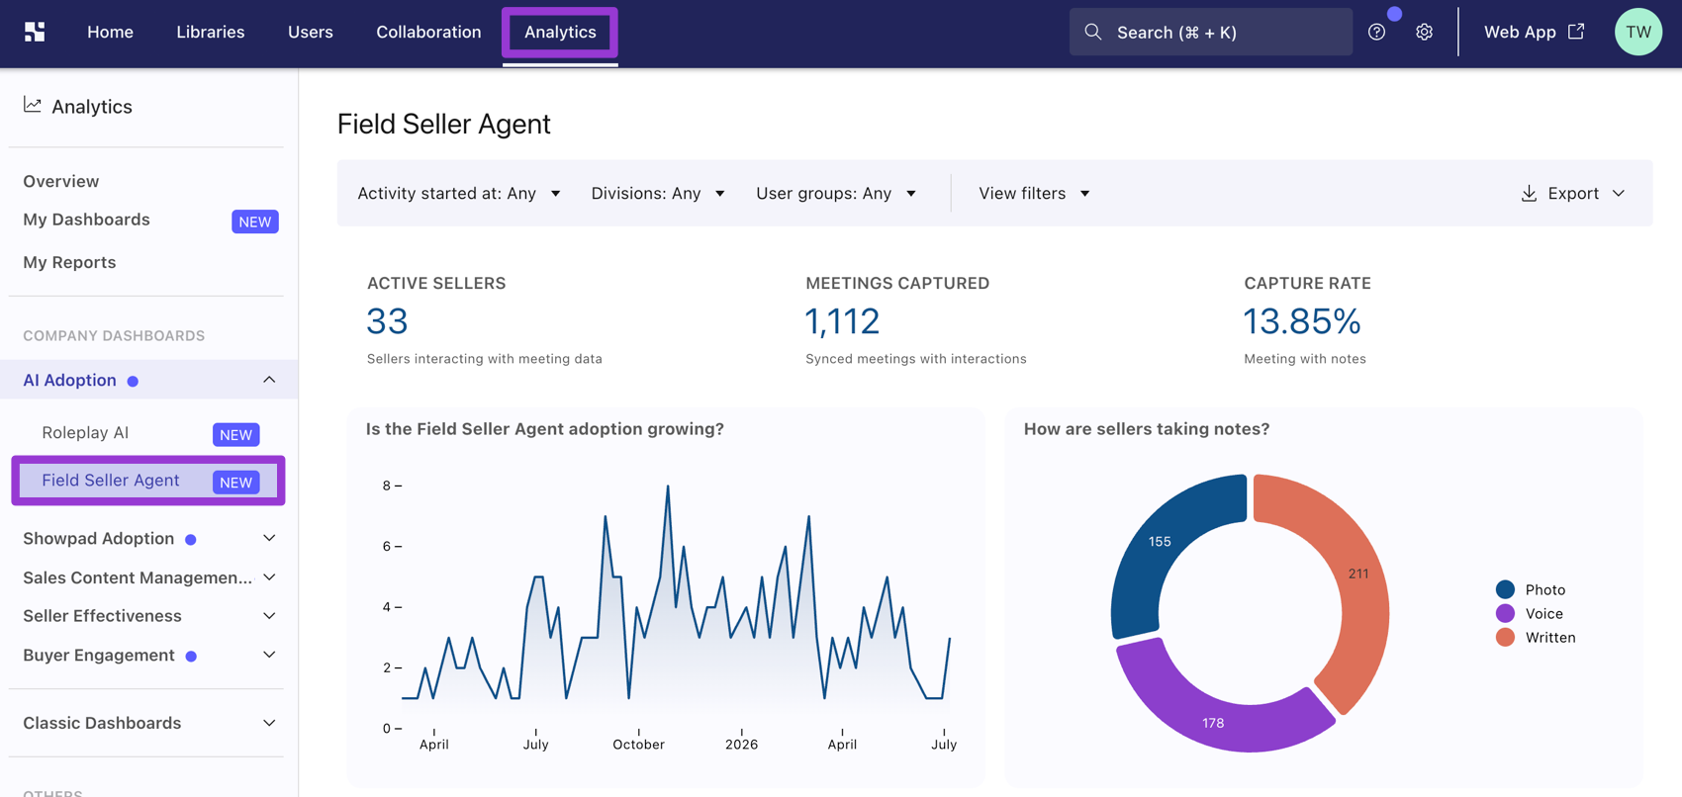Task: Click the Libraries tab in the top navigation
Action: [x=210, y=32]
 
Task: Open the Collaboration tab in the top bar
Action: [x=428, y=32]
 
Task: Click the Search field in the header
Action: [x=1210, y=32]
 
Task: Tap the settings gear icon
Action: [x=1424, y=32]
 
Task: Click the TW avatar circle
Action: [x=1637, y=32]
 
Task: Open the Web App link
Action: [x=1534, y=32]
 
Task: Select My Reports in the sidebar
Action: [x=69, y=262]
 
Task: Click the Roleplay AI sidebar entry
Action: [x=85, y=433]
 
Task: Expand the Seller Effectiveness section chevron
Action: [x=269, y=615]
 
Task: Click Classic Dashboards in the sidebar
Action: [x=102, y=723]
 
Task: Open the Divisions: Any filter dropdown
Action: [x=658, y=193]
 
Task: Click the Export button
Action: [x=1572, y=193]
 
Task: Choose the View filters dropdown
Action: [x=1034, y=193]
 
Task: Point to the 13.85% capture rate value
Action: [x=1302, y=321]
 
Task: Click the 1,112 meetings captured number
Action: [x=842, y=321]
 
